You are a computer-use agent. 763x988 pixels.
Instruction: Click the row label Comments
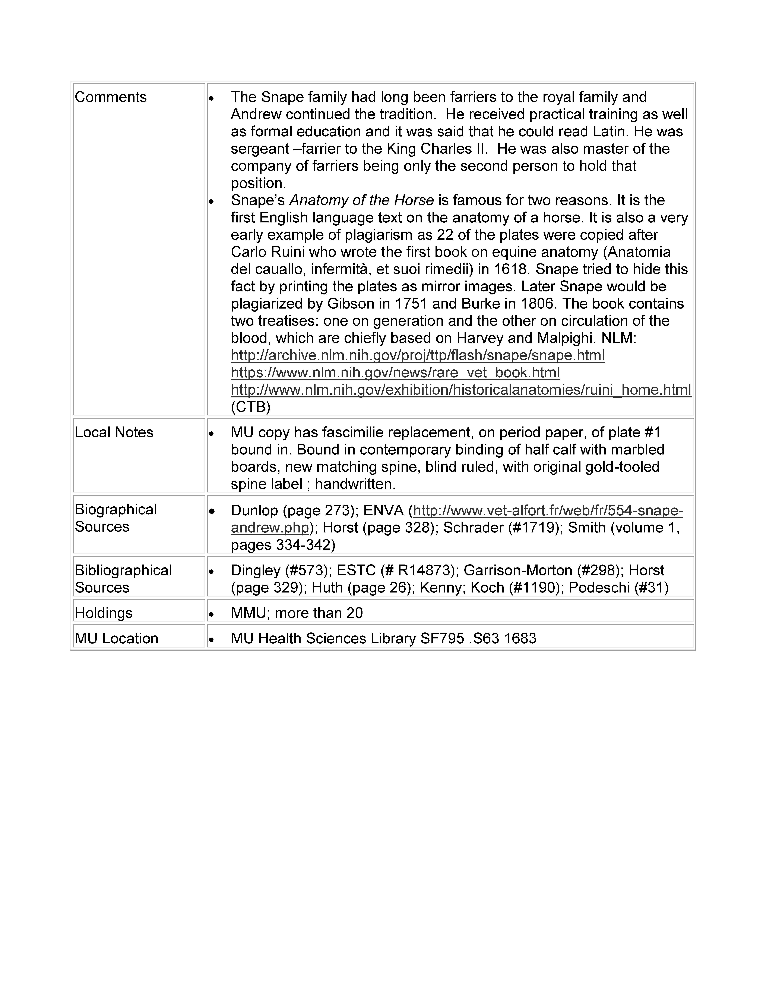111,97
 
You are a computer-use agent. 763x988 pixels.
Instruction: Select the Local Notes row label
114,432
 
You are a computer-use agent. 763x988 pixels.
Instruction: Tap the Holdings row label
104,613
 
